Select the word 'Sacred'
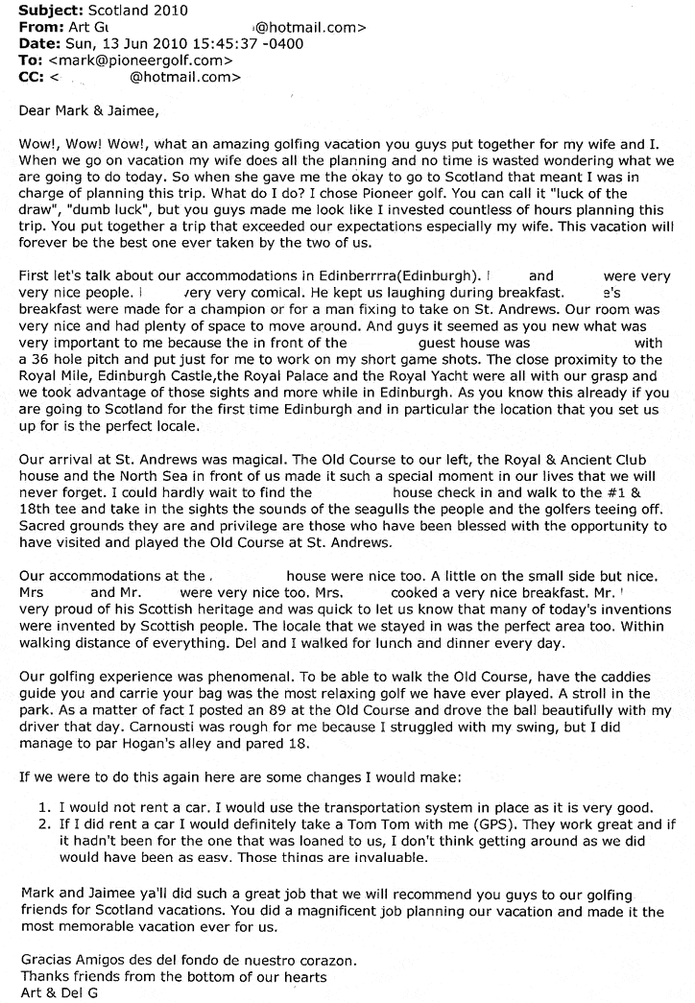tap(44, 526)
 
